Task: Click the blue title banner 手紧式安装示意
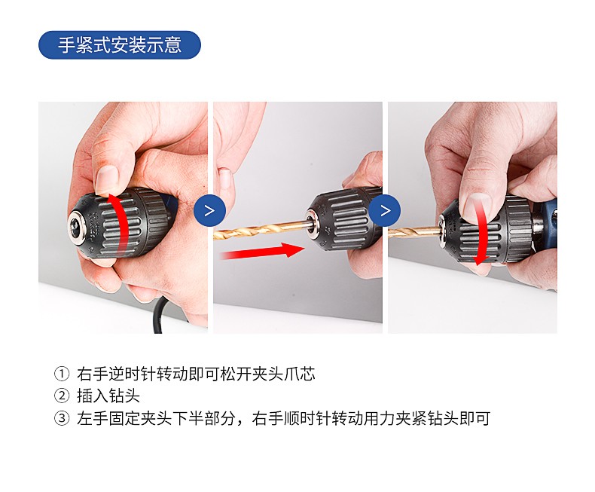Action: point(120,44)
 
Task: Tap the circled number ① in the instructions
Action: point(62,374)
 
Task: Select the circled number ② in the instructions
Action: point(62,396)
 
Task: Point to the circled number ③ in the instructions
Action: point(62,418)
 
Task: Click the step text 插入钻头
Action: point(108,396)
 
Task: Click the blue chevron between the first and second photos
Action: point(210,210)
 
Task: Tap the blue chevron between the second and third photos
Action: point(385,210)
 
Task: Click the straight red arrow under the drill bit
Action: point(262,252)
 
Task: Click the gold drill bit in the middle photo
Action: point(262,229)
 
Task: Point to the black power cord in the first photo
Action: point(160,315)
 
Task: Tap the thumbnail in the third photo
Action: point(477,207)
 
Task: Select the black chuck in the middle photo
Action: point(343,220)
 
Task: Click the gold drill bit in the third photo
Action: point(414,231)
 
